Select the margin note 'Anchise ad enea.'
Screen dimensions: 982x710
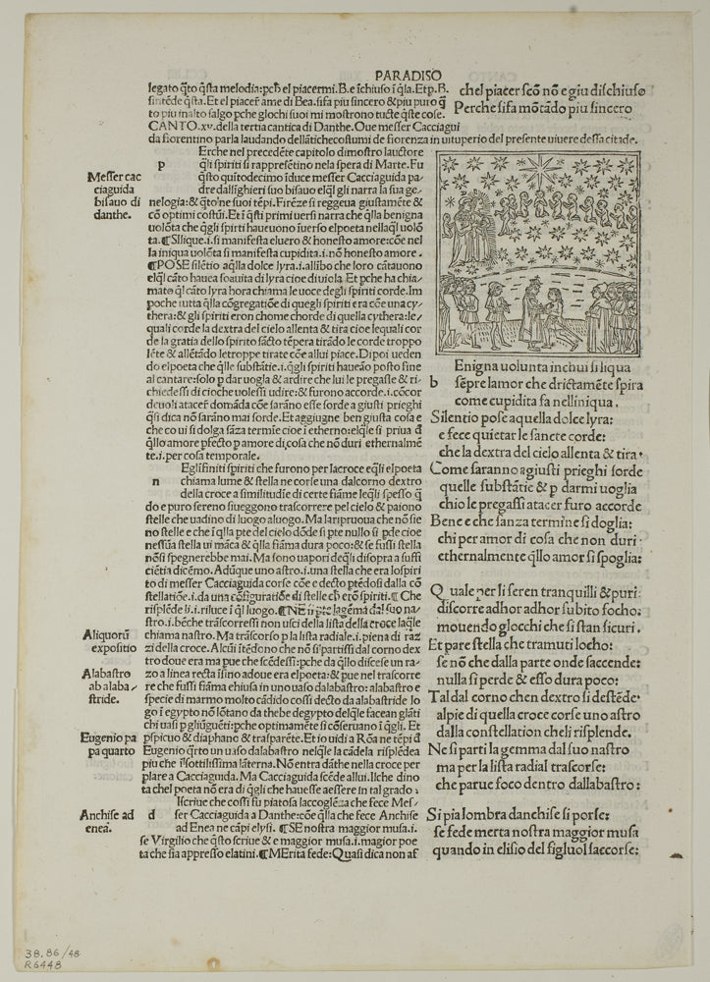tap(114, 820)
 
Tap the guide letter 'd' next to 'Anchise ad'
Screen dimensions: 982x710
tap(149, 813)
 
